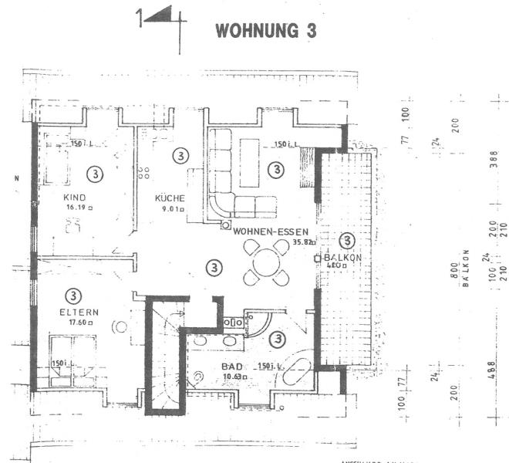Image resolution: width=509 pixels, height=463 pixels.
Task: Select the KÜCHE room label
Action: click(169, 197)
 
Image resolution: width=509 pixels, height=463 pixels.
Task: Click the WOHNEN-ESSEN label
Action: click(271, 230)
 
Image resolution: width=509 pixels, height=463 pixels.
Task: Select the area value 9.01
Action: click(171, 208)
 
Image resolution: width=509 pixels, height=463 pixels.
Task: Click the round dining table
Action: click(263, 261)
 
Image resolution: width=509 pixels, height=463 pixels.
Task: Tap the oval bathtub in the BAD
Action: click(295, 375)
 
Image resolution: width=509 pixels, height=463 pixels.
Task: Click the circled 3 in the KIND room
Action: click(95, 173)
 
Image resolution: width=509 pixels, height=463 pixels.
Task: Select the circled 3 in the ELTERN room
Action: click(72, 295)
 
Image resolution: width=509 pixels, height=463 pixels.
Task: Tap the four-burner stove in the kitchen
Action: click(143, 172)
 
